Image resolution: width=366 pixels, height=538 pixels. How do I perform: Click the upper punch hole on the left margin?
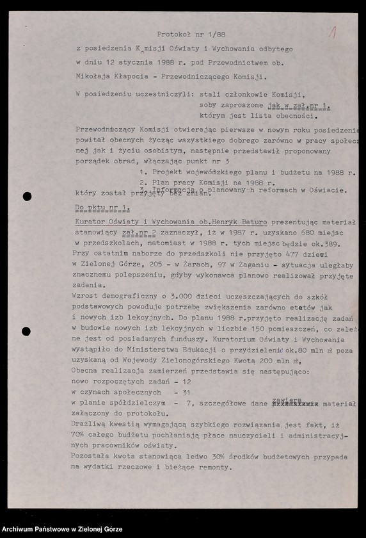point(27,196)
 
